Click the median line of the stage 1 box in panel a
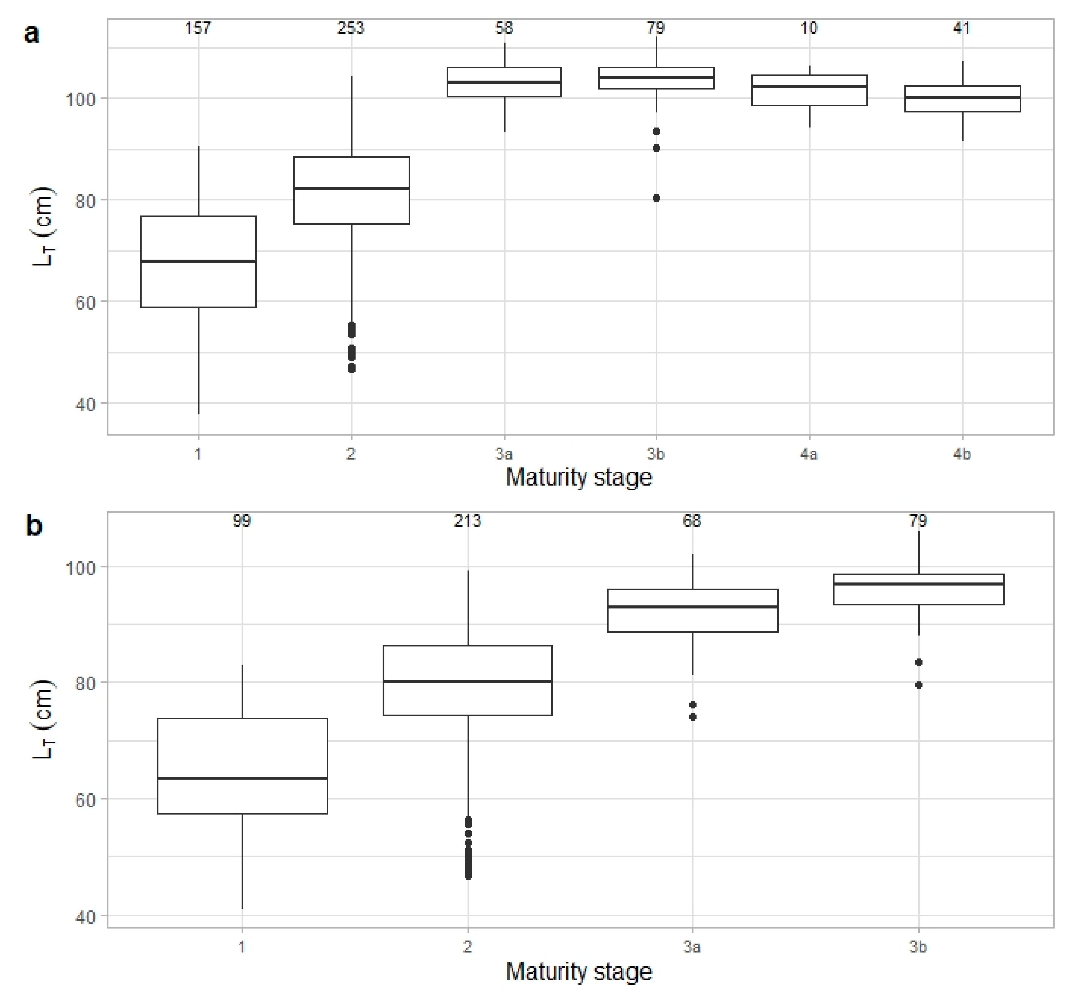point(198,261)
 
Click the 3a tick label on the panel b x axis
point(692,946)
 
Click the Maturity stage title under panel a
point(579,478)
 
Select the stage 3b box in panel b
point(918,589)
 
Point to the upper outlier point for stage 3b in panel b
point(918,662)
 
